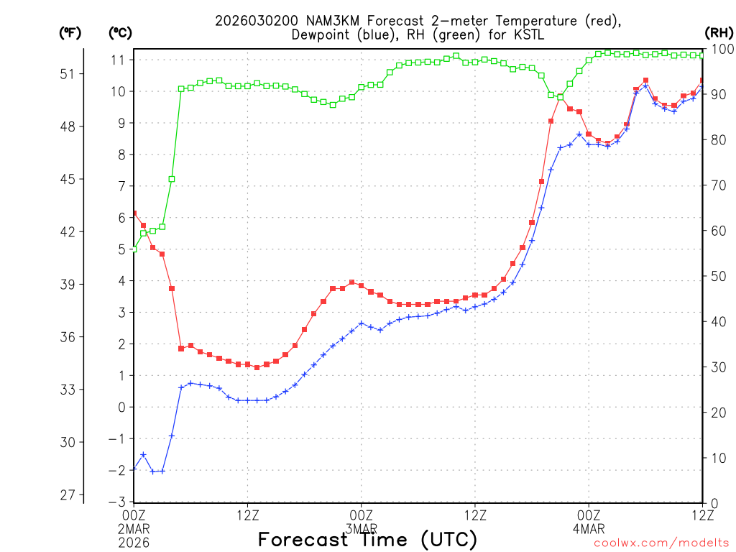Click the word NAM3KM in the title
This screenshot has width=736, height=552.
(311, 22)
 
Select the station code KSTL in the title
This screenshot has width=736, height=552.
(528, 36)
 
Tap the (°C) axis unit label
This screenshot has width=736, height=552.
(120, 32)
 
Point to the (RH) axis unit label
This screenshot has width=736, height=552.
(719, 32)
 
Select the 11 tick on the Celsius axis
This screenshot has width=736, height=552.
(119, 59)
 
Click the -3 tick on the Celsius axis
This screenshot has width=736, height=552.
(119, 502)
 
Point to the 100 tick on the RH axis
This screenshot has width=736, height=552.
(721, 49)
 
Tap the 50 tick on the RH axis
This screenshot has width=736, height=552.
(718, 276)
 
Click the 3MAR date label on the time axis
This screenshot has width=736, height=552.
(361, 528)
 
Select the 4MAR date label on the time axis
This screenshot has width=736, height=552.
(589, 528)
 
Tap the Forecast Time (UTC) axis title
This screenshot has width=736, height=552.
(367, 539)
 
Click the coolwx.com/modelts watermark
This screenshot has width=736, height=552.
(661, 543)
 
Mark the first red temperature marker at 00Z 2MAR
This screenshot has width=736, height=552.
(134, 213)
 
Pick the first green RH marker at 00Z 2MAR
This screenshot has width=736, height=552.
(134, 249)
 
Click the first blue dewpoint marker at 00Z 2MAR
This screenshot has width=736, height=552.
(134, 469)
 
